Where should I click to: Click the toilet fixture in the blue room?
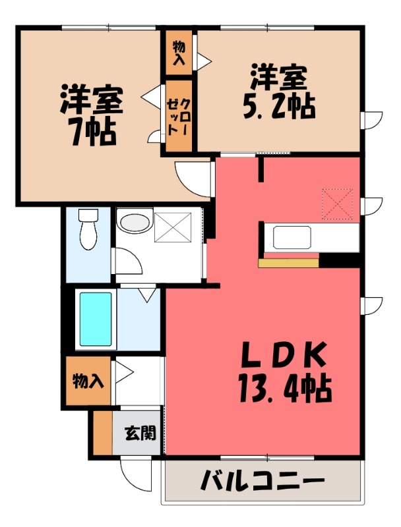[x=88, y=229]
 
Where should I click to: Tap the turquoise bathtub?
[x=96, y=319]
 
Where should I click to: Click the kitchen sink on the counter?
[x=292, y=237]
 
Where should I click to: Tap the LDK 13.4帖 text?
[x=285, y=372]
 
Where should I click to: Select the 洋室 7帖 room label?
[x=92, y=115]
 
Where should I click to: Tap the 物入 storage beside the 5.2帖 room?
[x=179, y=53]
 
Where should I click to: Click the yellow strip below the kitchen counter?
[x=288, y=263]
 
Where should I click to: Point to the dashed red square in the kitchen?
[x=338, y=204]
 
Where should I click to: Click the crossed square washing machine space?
[x=173, y=227]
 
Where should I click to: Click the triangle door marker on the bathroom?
[x=147, y=294]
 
